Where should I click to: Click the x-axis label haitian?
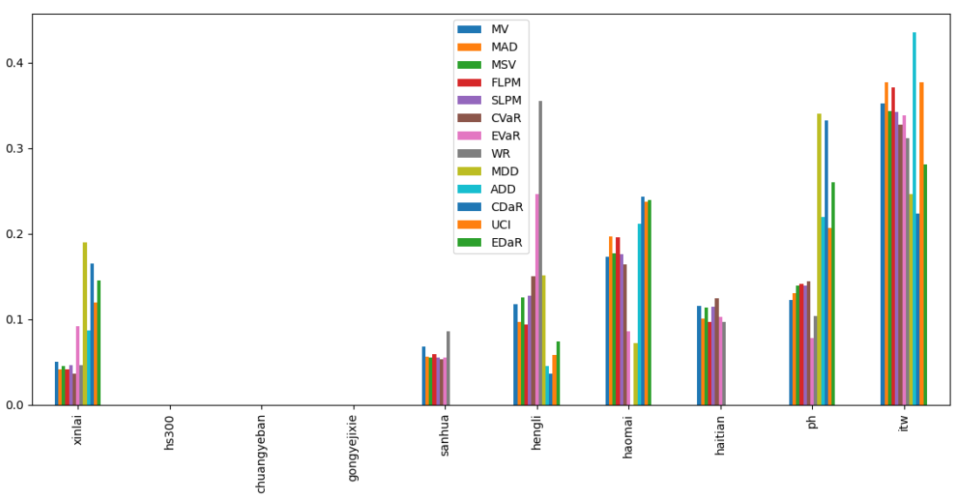pyautogui.click(x=718, y=435)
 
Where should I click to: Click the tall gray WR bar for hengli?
pyautogui.click(x=540, y=253)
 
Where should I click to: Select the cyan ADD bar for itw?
pyautogui.click(x=914, y=218)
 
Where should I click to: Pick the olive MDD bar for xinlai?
pyautogui.click(x=85, y=324)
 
